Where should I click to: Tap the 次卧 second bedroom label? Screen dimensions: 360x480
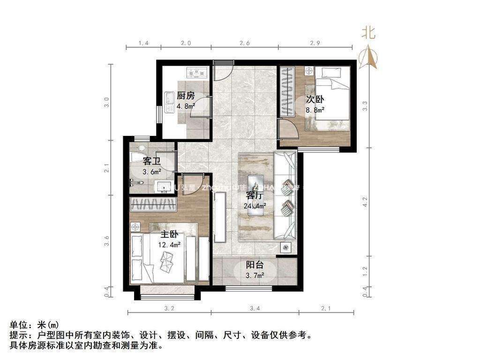click(315, 99)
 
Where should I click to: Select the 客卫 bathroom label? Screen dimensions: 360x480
click(152, 161)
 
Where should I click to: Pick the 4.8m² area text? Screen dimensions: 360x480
click(186, 106)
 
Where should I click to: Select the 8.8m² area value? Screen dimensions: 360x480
click(315, 110)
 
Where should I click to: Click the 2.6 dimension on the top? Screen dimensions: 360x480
click(245, 44)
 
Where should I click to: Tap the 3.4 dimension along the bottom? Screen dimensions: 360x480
click(255, 308)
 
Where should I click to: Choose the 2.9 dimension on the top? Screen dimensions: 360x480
click(315, 44)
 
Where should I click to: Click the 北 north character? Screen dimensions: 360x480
click(368, 32)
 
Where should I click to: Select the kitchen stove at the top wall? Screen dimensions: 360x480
click(196, 72)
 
